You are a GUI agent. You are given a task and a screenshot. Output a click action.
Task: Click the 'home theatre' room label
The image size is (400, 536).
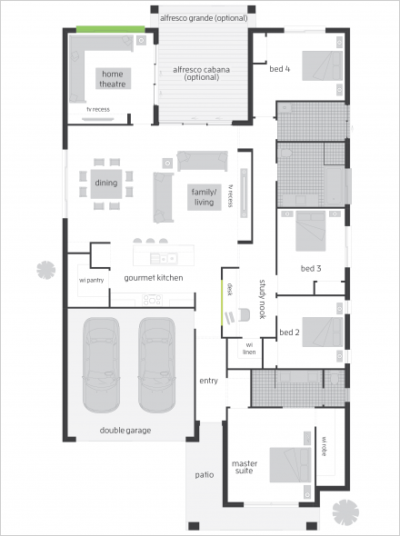(113, 79)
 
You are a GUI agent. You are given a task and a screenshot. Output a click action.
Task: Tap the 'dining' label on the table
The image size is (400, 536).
(106, 183)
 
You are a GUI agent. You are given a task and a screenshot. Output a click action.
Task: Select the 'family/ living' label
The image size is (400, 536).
(204, 197)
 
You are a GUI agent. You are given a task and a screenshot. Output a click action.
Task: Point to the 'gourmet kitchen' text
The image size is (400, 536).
(154, 278)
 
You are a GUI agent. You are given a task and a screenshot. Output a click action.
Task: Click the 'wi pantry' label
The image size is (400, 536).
(91, 281)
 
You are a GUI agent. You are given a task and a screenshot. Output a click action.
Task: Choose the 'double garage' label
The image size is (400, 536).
(125, 431)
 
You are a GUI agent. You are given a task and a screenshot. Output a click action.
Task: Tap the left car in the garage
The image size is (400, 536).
(101, 364)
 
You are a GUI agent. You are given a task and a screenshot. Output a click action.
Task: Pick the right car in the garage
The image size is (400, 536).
(156, 364)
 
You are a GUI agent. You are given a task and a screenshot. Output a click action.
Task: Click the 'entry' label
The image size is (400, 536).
(208, 381)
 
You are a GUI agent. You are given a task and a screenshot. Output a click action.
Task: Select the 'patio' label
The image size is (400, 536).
(205, 475)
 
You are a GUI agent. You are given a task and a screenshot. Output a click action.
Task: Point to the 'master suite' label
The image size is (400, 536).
(245, 467)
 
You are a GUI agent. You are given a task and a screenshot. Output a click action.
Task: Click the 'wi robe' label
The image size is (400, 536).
(324, 446)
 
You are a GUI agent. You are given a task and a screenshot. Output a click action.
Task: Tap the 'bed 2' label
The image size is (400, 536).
(289, 333)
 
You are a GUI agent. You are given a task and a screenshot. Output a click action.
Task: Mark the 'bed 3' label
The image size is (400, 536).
(311, 269)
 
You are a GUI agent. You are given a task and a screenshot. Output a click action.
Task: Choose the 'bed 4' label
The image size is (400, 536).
(280, 69)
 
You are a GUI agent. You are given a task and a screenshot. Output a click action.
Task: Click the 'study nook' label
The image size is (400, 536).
(262, 299)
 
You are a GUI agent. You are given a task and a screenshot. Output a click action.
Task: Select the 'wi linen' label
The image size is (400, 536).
(249, 349)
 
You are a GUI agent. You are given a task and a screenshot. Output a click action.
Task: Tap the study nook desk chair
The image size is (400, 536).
(245, 315)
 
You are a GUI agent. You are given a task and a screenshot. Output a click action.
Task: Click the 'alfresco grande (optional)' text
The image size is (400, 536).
(204, 18)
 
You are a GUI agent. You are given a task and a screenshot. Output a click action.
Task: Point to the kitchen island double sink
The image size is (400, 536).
(164, 259)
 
